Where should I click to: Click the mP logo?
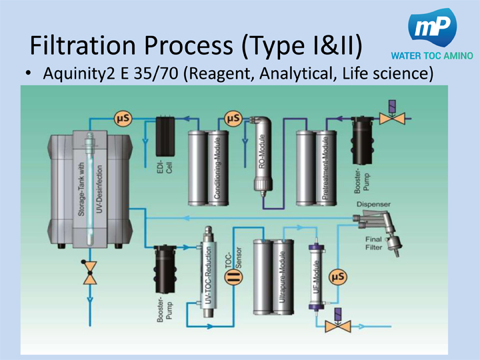tap(435, 29)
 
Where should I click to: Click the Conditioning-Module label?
tap(218, 170)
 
